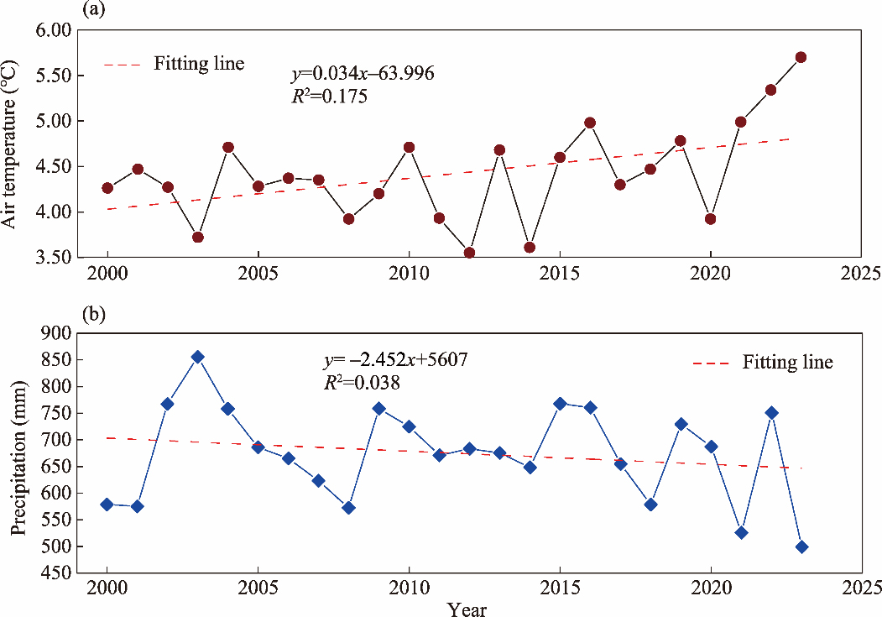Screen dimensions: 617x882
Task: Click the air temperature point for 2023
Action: coord(801,57)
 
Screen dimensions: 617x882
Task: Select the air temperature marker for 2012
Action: coord(469,253)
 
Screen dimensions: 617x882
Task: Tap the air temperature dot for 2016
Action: coord(590,123)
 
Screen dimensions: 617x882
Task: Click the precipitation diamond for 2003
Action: coord(197,357)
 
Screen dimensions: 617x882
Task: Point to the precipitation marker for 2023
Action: coord(801,546)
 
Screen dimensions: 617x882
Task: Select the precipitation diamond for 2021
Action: coord(741,532)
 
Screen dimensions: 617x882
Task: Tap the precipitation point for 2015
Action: coord(560,404)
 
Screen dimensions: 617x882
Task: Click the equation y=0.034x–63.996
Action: coord(363,75)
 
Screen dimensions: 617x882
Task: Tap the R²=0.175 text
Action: coord(329,96)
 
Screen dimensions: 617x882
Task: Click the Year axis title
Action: coord(467,608)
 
